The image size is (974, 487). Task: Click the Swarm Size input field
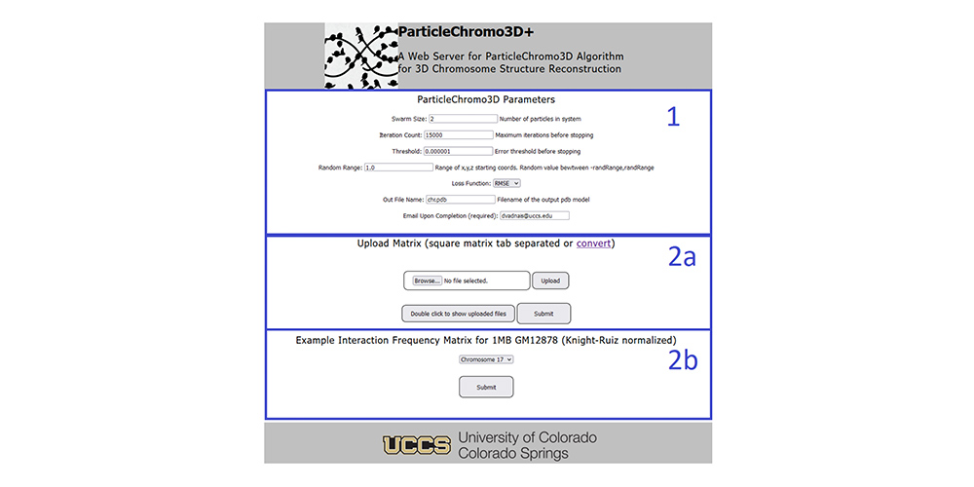tap(462, 119)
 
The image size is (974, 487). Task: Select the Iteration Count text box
tap(459, 134)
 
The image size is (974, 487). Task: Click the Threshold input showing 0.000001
tap(459, 151)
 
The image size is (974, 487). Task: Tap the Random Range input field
tap(398, 168)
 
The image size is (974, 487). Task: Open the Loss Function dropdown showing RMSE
tap(506, 183)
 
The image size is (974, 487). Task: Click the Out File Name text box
tap(460, 200)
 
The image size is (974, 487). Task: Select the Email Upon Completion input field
tap(534, 215)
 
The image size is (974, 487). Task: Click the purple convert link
tap(593, 243)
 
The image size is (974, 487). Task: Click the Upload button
tap(550, 281)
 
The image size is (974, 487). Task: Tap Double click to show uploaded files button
tap(459, 314)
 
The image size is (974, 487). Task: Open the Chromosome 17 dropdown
tap(486, 359)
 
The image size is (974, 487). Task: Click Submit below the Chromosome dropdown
tap(486, 387)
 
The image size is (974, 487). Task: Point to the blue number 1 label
tap(673, 118)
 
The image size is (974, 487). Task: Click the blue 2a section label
tap(682, 257)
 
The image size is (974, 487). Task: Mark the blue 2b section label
tap(683, 360)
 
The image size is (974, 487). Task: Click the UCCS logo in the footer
tap(417, 445)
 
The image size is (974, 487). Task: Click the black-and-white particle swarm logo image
tap(361, 56)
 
